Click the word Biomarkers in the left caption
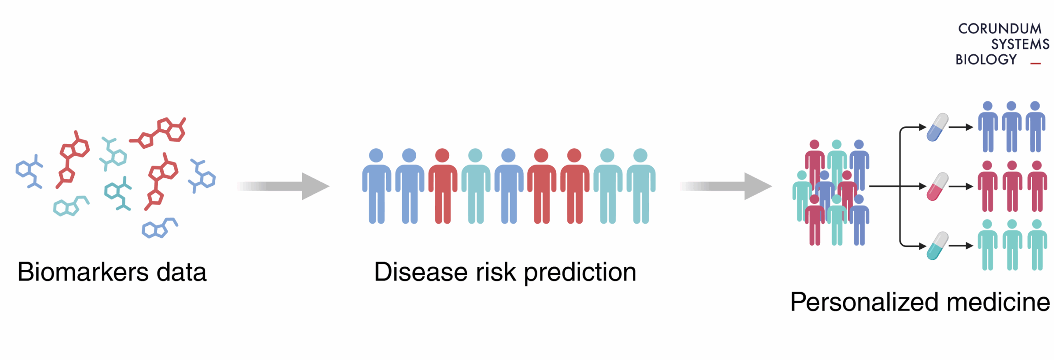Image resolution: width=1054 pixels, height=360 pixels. click(83, 272)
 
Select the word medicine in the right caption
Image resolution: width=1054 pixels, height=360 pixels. click(998, 302)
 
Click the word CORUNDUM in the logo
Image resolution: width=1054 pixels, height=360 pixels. click(999, 29)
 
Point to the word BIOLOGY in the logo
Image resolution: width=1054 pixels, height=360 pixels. click(986, 60)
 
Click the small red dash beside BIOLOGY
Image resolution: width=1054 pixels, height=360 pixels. click(1035, 63)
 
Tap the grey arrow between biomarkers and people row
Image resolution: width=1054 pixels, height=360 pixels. click(283, 186)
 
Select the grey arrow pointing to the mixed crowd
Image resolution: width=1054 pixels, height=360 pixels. click(726, 186)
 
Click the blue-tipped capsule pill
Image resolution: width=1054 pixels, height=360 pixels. click(937, 128)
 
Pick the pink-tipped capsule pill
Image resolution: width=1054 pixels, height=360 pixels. click(937, 187)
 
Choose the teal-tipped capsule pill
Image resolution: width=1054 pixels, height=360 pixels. click(937, 246)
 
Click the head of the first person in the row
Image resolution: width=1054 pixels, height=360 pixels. click(376, 155)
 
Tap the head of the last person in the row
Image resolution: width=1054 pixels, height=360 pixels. click(640, 155)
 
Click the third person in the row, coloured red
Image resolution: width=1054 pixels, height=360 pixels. click(443, 186)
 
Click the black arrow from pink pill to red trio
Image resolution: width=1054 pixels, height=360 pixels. click(961, 187)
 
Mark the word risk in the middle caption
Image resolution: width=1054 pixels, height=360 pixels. click(496, 272)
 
